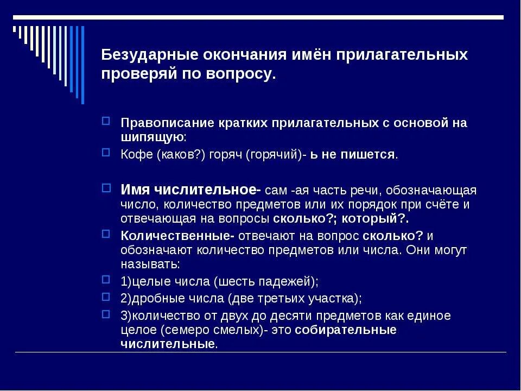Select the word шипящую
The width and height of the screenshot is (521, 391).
click(151, 136)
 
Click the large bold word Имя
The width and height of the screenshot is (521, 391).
click(136, 190)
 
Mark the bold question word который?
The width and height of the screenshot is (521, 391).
click(382, 219)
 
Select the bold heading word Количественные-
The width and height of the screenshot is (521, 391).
click(177, 236)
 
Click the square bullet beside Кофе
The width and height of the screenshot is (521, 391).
click(106, 153)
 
